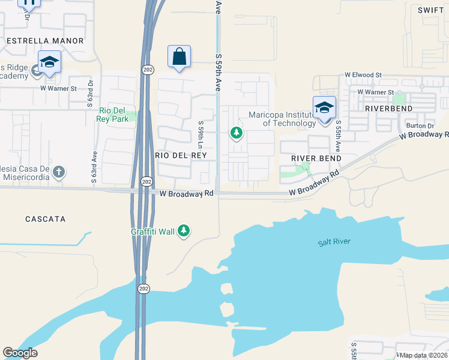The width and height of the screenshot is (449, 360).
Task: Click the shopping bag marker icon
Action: (x=179, y=57)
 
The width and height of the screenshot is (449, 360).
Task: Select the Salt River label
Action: (x=334, y=242)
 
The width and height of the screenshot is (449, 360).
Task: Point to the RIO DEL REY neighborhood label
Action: (x=181, y=155)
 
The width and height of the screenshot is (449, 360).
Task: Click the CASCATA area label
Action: (x=45, y=219)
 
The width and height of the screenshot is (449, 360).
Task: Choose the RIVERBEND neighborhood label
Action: (x=389, y=109)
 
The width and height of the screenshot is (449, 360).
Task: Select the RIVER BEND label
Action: (x=316, y=158)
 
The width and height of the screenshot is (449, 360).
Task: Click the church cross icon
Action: (x=58, y=172)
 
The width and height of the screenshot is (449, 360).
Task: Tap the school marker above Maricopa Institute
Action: (x=324, y=108)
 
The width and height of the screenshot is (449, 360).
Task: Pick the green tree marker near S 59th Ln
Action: (x=237, y=133)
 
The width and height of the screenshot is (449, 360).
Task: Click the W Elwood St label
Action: (x=363, y=75)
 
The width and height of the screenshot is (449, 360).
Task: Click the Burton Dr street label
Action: (x=420, y=126)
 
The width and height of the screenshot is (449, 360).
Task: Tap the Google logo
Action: (x=20, y=353)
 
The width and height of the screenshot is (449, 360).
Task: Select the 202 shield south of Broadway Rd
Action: (x=143, y=289)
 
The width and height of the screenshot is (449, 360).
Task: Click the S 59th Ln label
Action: (x=201, y=135)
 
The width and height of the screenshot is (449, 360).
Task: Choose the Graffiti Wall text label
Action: (x=153, y=232)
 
